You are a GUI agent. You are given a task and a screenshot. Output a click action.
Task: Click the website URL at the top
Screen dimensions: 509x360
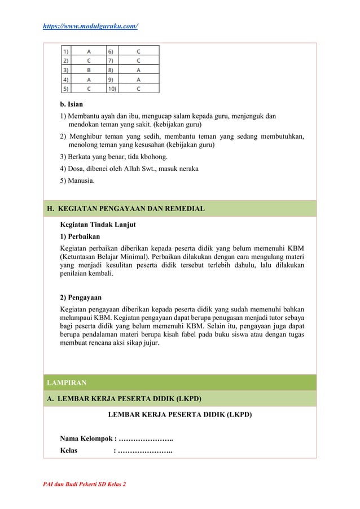pos(90,26)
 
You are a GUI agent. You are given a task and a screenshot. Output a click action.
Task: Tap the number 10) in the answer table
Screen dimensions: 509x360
pos(113,89)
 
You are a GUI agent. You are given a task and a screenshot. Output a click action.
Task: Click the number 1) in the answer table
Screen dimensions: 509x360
pos(67,50)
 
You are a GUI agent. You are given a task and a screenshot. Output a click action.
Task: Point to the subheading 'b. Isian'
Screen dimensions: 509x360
pos(72,104)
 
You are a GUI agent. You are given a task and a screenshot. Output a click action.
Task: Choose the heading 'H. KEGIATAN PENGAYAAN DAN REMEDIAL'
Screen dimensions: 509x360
pos(125,209)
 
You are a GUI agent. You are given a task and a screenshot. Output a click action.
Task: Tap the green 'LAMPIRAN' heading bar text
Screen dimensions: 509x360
pos(67,383)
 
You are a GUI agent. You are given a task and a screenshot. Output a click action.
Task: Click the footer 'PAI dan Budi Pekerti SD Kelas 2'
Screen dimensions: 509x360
pos(85,485)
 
